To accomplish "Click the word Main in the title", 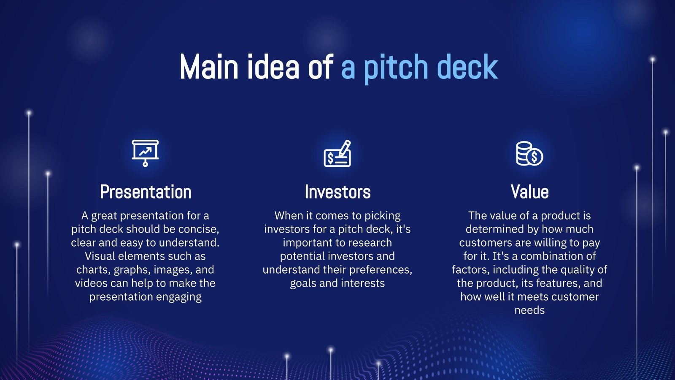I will point(209,67).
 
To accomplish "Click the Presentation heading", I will point(146,192).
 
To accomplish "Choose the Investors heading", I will point(337,192).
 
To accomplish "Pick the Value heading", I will point(529,192).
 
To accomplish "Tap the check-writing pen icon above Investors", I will point(337,154).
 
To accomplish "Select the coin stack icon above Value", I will point(529,154).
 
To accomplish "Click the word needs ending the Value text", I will point(529,310).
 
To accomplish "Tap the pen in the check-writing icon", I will point(345,148).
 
